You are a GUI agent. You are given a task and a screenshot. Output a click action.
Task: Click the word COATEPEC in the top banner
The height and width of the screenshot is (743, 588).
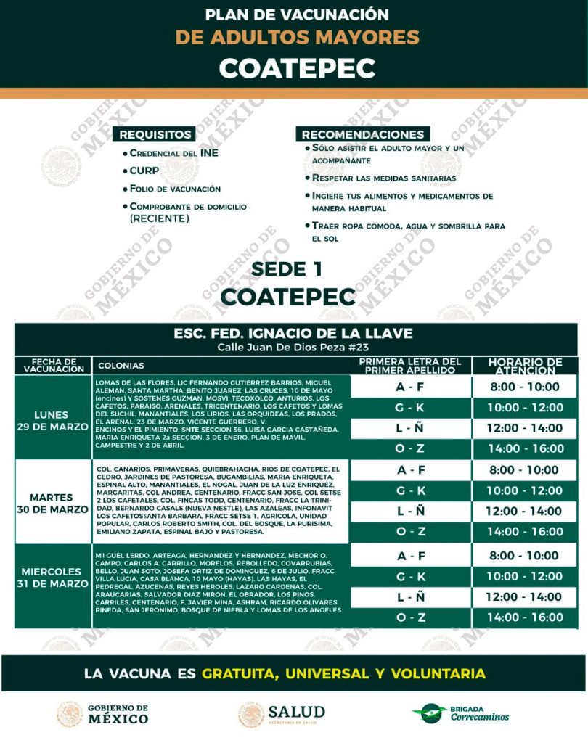click(297, 67)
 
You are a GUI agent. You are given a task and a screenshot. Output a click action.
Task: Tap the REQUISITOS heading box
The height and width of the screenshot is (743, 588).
click(156, 134)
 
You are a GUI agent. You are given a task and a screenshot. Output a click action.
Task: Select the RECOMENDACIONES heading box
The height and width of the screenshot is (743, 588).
click(363, 134)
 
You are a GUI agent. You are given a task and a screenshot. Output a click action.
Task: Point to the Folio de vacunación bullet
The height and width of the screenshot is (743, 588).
click(174, 189)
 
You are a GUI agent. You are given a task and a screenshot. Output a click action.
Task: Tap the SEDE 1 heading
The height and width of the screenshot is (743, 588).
click(287, 269)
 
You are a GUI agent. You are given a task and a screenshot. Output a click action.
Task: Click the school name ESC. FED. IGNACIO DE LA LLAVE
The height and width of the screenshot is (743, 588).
click(293, 334)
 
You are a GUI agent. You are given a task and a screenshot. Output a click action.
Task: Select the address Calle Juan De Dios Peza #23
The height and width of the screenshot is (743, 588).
click(293, 348)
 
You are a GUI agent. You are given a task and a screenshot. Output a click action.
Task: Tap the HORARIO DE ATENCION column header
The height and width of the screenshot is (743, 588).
click(525, 366)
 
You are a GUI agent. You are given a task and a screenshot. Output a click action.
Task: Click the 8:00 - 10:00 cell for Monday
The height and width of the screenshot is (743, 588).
click(524, 387)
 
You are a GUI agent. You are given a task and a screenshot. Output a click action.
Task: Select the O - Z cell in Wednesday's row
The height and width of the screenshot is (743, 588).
click(410, 617)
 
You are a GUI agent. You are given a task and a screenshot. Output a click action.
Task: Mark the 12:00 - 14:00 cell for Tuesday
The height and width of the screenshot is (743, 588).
click(524, 511)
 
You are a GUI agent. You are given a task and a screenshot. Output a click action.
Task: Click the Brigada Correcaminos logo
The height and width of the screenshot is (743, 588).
click(460, 713)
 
